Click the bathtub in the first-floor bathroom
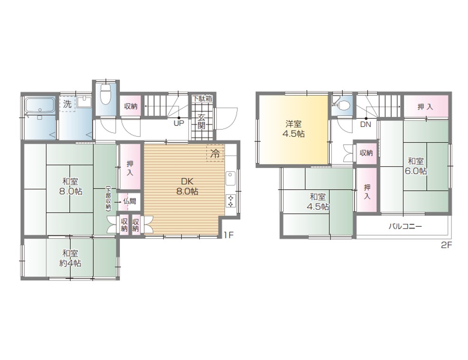(40, 105)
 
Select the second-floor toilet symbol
(342, 104)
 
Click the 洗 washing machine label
(67, 104)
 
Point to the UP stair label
(179, 123)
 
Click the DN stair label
(366, 124)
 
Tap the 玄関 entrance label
(202, 121)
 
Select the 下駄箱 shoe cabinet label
(202, 98)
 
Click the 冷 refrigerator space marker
(215, 154)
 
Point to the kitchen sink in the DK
(231, 178)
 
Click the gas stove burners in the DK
(231, 200)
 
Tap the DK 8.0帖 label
(187, 186)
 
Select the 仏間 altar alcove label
(129, 201)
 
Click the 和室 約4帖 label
(70, 258)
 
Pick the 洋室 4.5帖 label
(294, 129)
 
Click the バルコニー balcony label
(405, 226)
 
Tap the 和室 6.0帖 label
(416, 166)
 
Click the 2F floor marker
(447, 245)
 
